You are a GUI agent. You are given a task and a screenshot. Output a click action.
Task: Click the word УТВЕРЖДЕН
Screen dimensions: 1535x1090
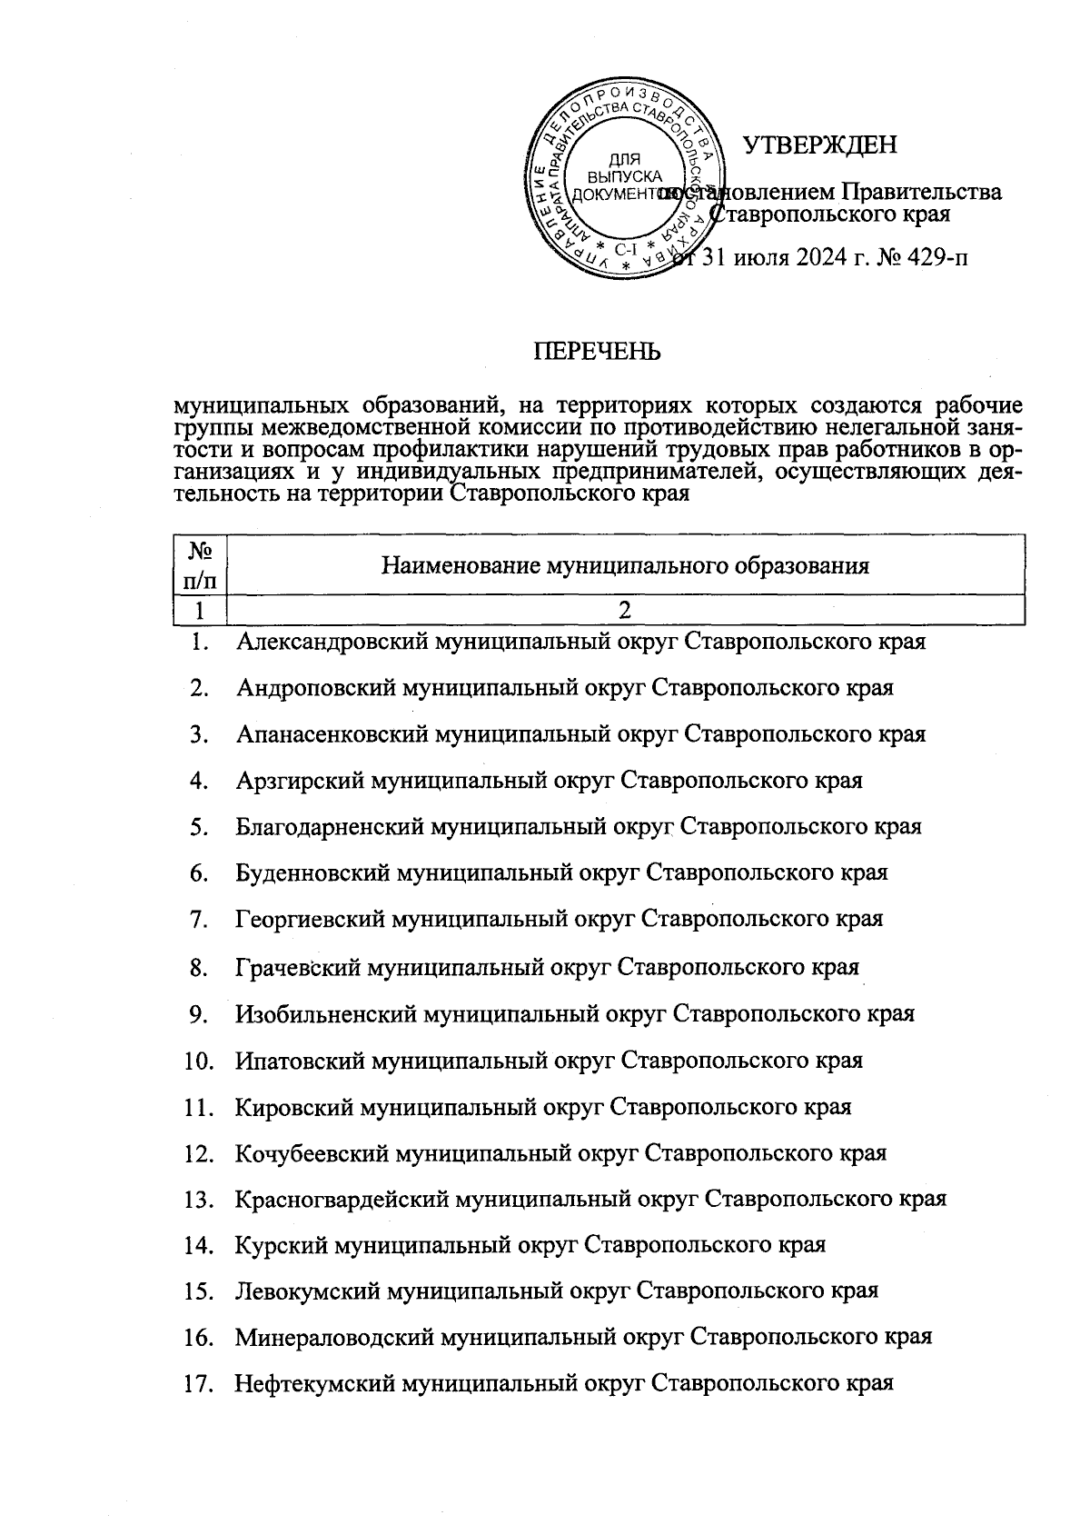coord(820,145)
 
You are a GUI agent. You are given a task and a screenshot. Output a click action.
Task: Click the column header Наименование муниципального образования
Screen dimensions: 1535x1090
coord(625,566)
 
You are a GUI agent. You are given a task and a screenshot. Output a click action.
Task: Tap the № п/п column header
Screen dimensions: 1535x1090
coord(200,564)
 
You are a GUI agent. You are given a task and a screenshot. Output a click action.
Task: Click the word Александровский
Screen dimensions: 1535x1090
coord(333,642)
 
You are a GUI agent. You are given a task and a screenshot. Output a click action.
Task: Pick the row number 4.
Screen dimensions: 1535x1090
coord(200,781)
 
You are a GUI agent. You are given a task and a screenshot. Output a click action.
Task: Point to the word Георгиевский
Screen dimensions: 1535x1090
coord(311,919)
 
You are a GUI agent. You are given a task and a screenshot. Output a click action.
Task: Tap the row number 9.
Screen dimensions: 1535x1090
coord(200,1013)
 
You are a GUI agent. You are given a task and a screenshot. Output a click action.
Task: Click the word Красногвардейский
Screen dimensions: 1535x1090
coord(342,1199)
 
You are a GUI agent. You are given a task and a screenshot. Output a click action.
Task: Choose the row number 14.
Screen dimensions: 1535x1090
coord(198,1245)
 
